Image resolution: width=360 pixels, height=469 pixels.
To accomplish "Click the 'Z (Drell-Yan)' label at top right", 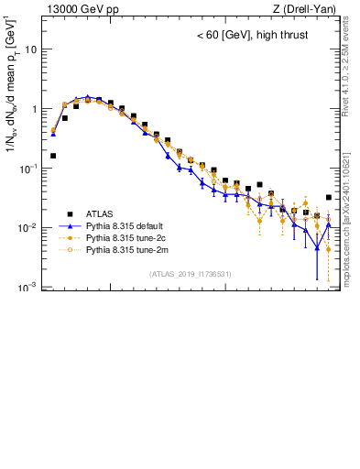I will [304, 9].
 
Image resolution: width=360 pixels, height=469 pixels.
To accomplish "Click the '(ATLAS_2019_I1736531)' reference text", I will [190, 274].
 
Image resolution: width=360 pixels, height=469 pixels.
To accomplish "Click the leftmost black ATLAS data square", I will [53, 156].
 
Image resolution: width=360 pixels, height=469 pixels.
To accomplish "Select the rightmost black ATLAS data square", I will [329, 197].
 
